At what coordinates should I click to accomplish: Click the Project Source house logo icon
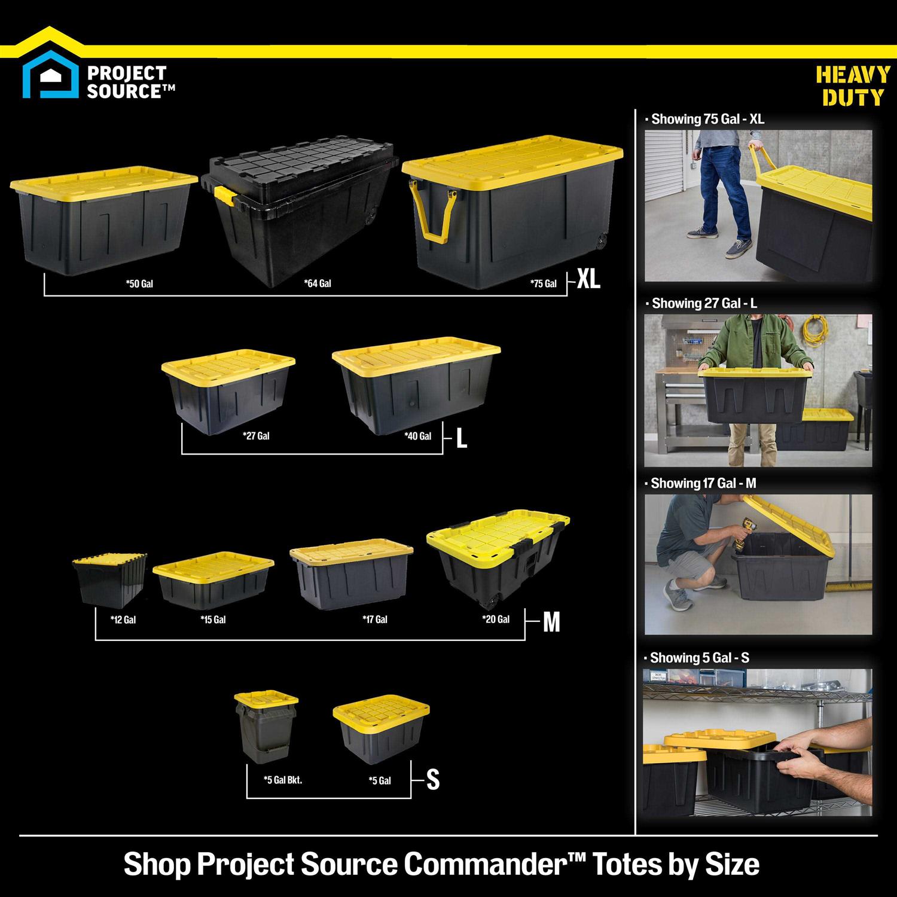(x=50, y=78)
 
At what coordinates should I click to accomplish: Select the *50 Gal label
(x=139, y=283)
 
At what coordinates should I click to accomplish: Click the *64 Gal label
(x=317, y=283)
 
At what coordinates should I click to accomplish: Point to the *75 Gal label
(x=543, y=283)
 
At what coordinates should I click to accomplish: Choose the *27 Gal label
(x=256, y=436)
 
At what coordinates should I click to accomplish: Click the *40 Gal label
(x=417, y=436)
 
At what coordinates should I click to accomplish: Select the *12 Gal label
(x=123, y=620)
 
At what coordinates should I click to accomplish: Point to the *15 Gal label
(x=213, y=620)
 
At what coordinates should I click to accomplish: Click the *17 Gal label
(x=375, y=620)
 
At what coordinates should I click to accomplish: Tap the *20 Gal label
(x=496, y=620)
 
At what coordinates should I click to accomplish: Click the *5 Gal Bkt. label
(x=283, y=780)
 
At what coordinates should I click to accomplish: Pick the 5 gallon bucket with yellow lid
(x=266, y=727)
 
